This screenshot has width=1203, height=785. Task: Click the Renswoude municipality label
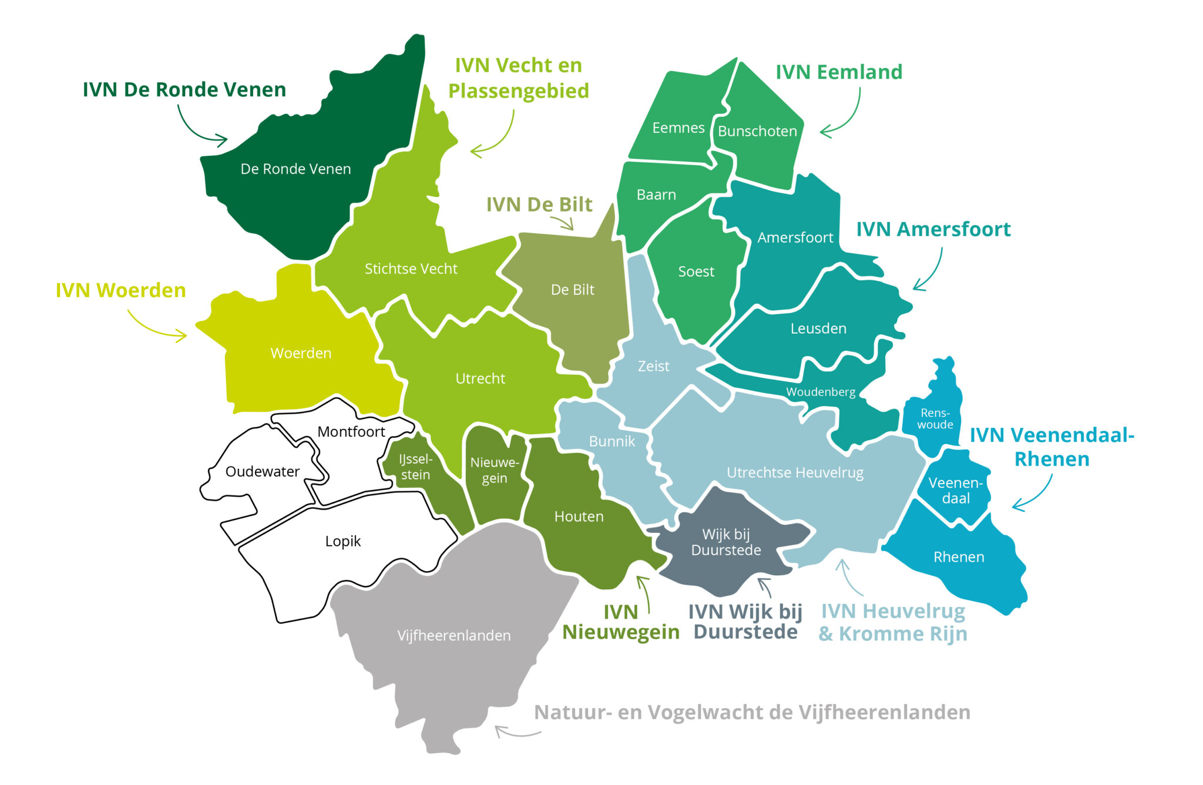pyautogui.click(x=935, y=419)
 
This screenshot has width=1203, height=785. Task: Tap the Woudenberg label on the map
pyautogui.click(x=821, y=392)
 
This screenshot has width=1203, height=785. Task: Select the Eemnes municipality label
pyautogui.click(x=678, y=128)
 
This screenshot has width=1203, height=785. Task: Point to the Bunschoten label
pyautogui.click(x=757, y=131)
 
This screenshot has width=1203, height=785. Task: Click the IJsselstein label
pyautogui.click(x=415, y=467)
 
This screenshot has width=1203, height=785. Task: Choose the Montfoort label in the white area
pyautogui.click(x=351, y=432)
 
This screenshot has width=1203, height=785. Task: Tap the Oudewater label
pyautogui.click(x=262, y=472)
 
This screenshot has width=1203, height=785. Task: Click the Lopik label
pyautogui.click(x=342, y=541)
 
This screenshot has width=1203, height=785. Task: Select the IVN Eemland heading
pyautogui.click(x=838, y=72)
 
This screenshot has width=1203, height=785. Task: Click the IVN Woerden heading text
pyautogui.click(x=120, y=290)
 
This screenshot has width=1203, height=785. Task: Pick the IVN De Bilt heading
pyautogui.click(x=539, y=204)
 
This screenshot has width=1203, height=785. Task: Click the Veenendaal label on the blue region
pyautogui.click(x=955, y=491)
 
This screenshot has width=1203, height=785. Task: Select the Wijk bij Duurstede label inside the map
pyautogui.click(x=726, y=542)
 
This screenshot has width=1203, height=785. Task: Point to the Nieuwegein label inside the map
pyautogui.click(x=494, y=470)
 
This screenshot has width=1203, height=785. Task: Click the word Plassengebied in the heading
pyautogui.click(x=518, y=91)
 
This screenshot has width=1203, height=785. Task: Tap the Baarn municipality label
pyautogui.click(x=656, y=195)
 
